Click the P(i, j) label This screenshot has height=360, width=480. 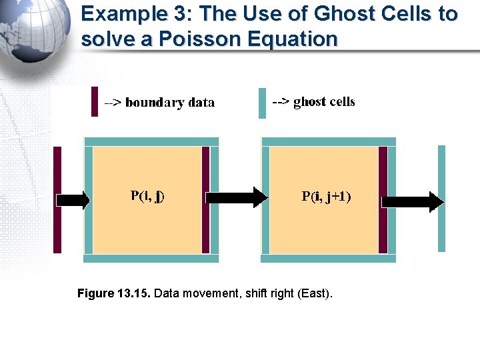[x=147, y=196]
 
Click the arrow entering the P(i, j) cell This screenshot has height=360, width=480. [x=73, y=199]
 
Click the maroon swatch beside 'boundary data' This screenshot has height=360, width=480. [x=95, y=101]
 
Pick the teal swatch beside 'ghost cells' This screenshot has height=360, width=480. [x=262, y=103]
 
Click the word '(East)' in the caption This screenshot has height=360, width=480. [x=315, y=293]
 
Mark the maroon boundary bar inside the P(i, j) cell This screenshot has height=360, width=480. [x=205, y=199]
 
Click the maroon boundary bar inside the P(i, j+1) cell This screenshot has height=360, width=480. [x=383, y=199]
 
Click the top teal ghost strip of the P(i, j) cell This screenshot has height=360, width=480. [x=151, y=141]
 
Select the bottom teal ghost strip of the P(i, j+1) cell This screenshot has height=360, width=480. [x=329, y=258]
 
